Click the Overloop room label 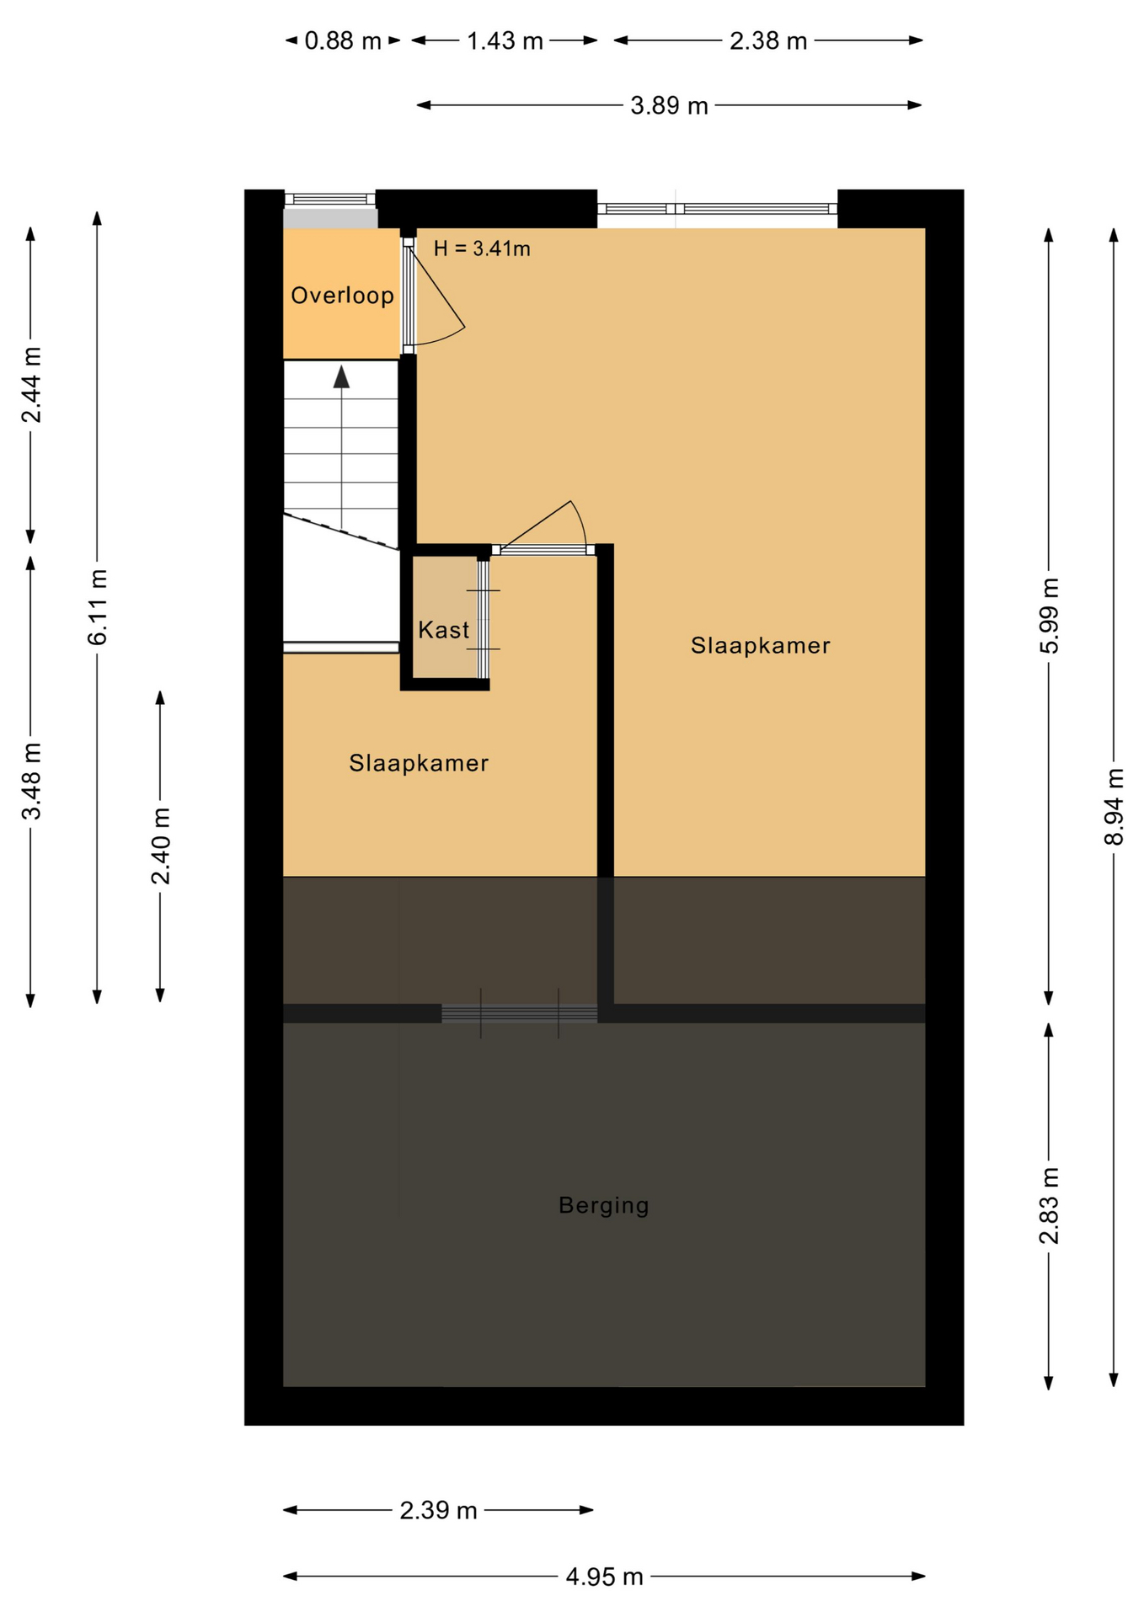342,296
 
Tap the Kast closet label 443,630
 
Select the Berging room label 603,1205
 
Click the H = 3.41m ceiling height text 482,248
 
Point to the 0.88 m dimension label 342,40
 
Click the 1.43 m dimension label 505,40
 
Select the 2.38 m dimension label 767,40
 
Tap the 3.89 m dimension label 669,106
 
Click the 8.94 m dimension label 1114,806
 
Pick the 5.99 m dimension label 1049,616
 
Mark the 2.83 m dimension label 1049,1206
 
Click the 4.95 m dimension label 604,1577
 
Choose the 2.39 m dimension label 438,1510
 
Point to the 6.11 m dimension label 98,607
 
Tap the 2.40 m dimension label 160,846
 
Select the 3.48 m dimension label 31,781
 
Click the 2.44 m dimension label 31,384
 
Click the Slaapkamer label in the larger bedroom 760,646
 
